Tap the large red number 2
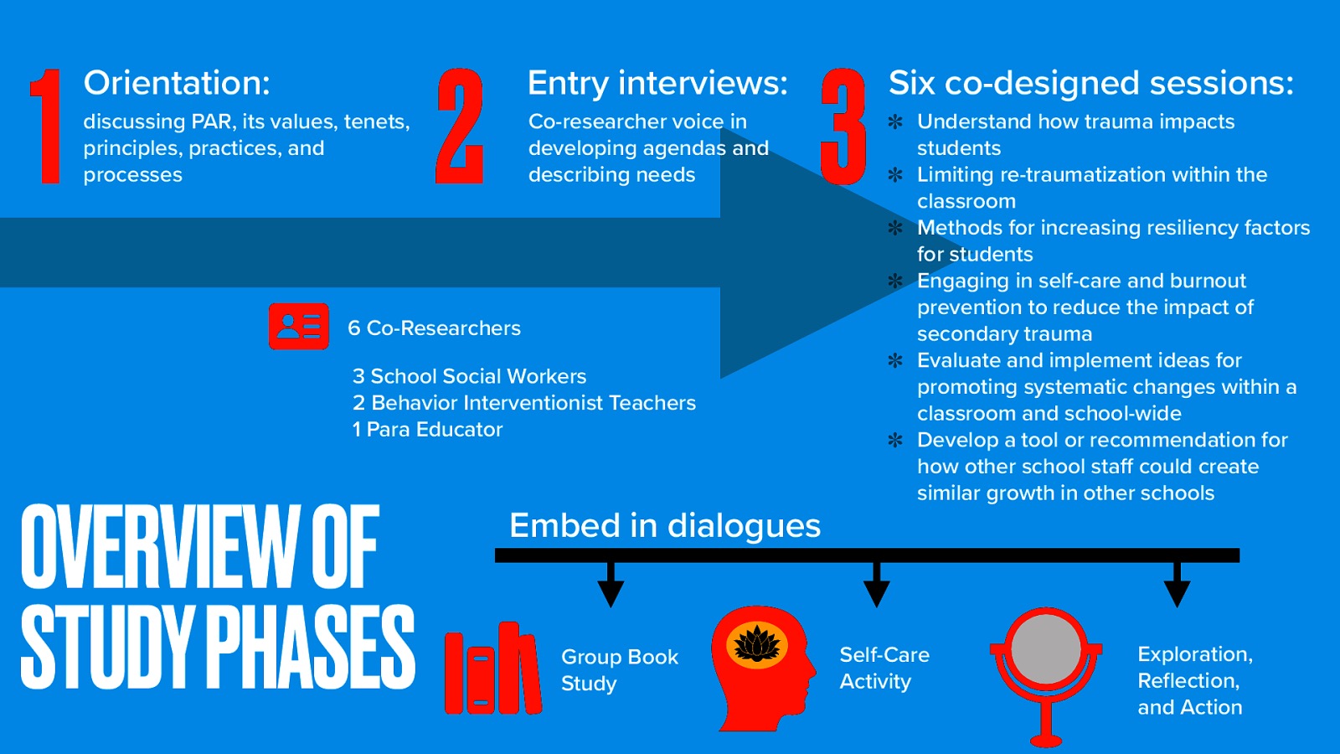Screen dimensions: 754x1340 point(460,126)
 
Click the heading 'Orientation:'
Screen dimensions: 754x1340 point(177,83)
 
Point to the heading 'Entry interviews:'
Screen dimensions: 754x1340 point(657,83)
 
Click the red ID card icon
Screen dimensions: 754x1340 point(299,326)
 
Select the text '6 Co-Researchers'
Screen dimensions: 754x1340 point(434,328)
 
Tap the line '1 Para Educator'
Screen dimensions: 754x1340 point(427,430)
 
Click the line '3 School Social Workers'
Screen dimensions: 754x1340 point(469,376)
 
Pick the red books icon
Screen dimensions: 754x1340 point(492,669)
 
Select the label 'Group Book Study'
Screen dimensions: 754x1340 point(619,669)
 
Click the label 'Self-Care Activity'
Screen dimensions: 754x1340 point(884,668)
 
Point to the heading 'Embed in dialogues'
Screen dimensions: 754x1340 point(665,526)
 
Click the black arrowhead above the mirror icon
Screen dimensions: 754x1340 point(1177,591)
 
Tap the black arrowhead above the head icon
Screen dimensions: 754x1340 point(876,591)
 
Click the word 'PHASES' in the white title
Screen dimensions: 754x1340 point(310,647)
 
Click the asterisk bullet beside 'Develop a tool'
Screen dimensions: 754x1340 point(895,440)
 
